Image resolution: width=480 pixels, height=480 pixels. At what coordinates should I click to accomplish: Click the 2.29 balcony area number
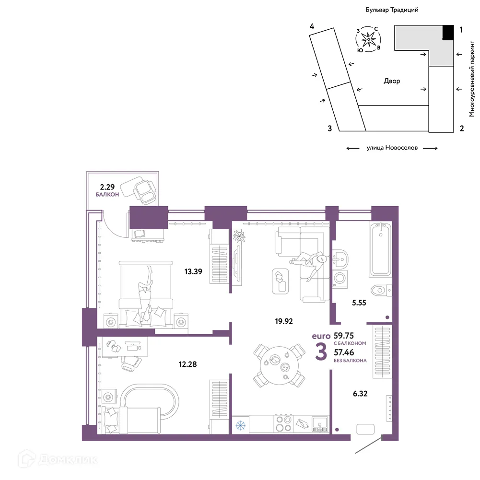tap(107, 187)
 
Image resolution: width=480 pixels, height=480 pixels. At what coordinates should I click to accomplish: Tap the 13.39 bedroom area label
tap(193, 271)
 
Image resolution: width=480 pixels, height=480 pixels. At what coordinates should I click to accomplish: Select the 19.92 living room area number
tap(284, 321)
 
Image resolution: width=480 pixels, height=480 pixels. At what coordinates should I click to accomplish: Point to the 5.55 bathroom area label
tap(359, 303)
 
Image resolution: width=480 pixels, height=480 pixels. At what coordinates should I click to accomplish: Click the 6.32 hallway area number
tap(360, 394)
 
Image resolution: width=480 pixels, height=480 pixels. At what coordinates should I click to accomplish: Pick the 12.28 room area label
tap(187, 364)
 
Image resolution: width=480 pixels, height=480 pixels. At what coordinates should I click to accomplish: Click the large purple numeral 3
tap(321, 352)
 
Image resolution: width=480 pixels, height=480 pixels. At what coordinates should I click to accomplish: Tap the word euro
tap(321, 336)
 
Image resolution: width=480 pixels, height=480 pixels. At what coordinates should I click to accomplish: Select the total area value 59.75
tap(344, 336)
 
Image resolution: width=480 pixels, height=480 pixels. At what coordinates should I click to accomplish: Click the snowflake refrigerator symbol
tap(240, 425)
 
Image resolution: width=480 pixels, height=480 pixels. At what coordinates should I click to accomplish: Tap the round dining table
tap(279, 365)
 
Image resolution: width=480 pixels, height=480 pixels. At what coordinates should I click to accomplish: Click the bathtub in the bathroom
tap(381, 249)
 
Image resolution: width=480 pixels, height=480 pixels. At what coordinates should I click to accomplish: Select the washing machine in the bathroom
tap(340, 278)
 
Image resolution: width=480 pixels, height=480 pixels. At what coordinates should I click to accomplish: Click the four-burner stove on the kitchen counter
tap(283, 424)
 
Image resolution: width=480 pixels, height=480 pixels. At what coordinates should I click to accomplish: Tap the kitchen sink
tap(320, 424)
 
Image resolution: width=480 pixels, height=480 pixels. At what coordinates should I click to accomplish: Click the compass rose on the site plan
tap(368, 39)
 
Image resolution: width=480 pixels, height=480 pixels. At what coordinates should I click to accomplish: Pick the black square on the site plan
tap(448, 32)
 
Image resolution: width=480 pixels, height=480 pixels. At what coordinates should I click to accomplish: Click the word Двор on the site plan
tap(392, 81)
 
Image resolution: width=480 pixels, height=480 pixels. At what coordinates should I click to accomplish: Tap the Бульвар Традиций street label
tap(392, 10)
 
